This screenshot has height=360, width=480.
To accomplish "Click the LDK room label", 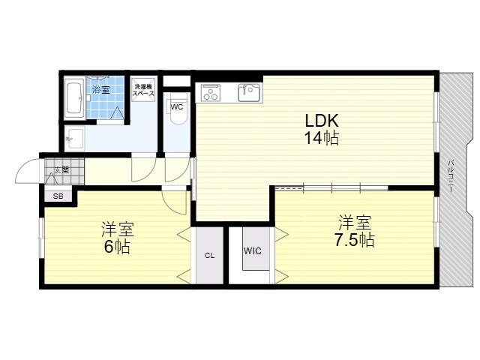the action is pyautogui.click(x=322, y=121).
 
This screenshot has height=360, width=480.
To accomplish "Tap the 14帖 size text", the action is pyautogui.click(x=322, y=138).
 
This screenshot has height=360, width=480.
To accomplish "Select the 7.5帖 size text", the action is pyautogui.click(x=354, y=240).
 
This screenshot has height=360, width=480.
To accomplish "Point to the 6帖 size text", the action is pyautogui.click(x=117, y=247).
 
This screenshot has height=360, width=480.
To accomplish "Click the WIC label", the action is pyautogui.click(x=253, y=251).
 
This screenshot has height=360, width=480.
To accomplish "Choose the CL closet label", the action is pyautogui.click(x=210, y=256).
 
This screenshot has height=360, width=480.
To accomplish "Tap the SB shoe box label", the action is pyautogui.click(x=58, y=196).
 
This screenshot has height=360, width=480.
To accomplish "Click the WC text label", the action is pyautogui.click(x=177, y=106).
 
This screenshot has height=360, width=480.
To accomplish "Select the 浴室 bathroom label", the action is pyautogui.click(x=101, y=90).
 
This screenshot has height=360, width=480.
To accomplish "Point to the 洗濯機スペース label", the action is pyautogui.click(x=143, y=90).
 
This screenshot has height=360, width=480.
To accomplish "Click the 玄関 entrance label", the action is pyautogui.click(x=61, y=170).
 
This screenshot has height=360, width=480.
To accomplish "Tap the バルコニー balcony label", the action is pyautogui.click(x=450, y=176).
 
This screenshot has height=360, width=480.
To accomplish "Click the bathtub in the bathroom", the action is pyautogui.click(x=74, y=98).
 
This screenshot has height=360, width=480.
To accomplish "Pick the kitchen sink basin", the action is pyautogui.click(x=250, y=92).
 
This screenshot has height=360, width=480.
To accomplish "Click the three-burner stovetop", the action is pyautogui.click(x=210, y=92).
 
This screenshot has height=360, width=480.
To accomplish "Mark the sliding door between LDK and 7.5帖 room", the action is pyautogui.click(x=331, y=187).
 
